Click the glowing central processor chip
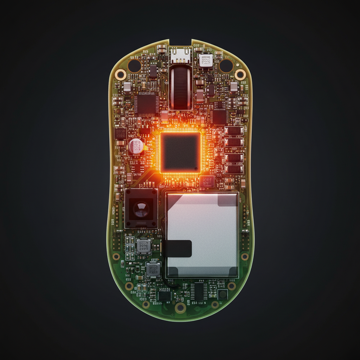coord(180,153)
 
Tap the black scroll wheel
coord(180,88)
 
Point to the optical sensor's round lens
coord(141,209)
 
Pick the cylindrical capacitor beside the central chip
coord(136,146)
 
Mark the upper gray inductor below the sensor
coord(143,246)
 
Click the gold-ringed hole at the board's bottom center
coord(180,308)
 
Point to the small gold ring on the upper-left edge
coord(121,74)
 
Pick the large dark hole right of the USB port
coord(226,65)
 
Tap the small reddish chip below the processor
coord(207,181)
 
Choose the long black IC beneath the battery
coord(199,291)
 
